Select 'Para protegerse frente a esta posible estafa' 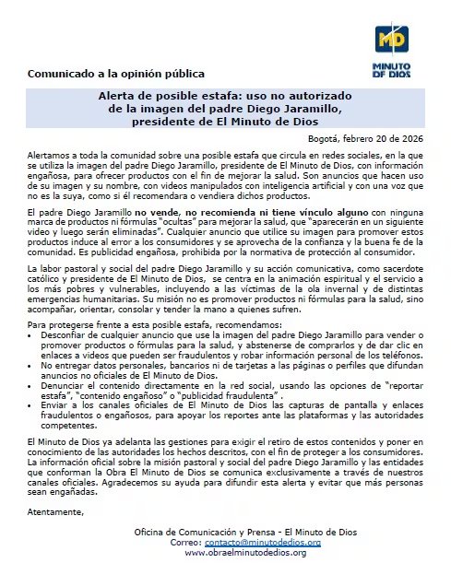(106, 325)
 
